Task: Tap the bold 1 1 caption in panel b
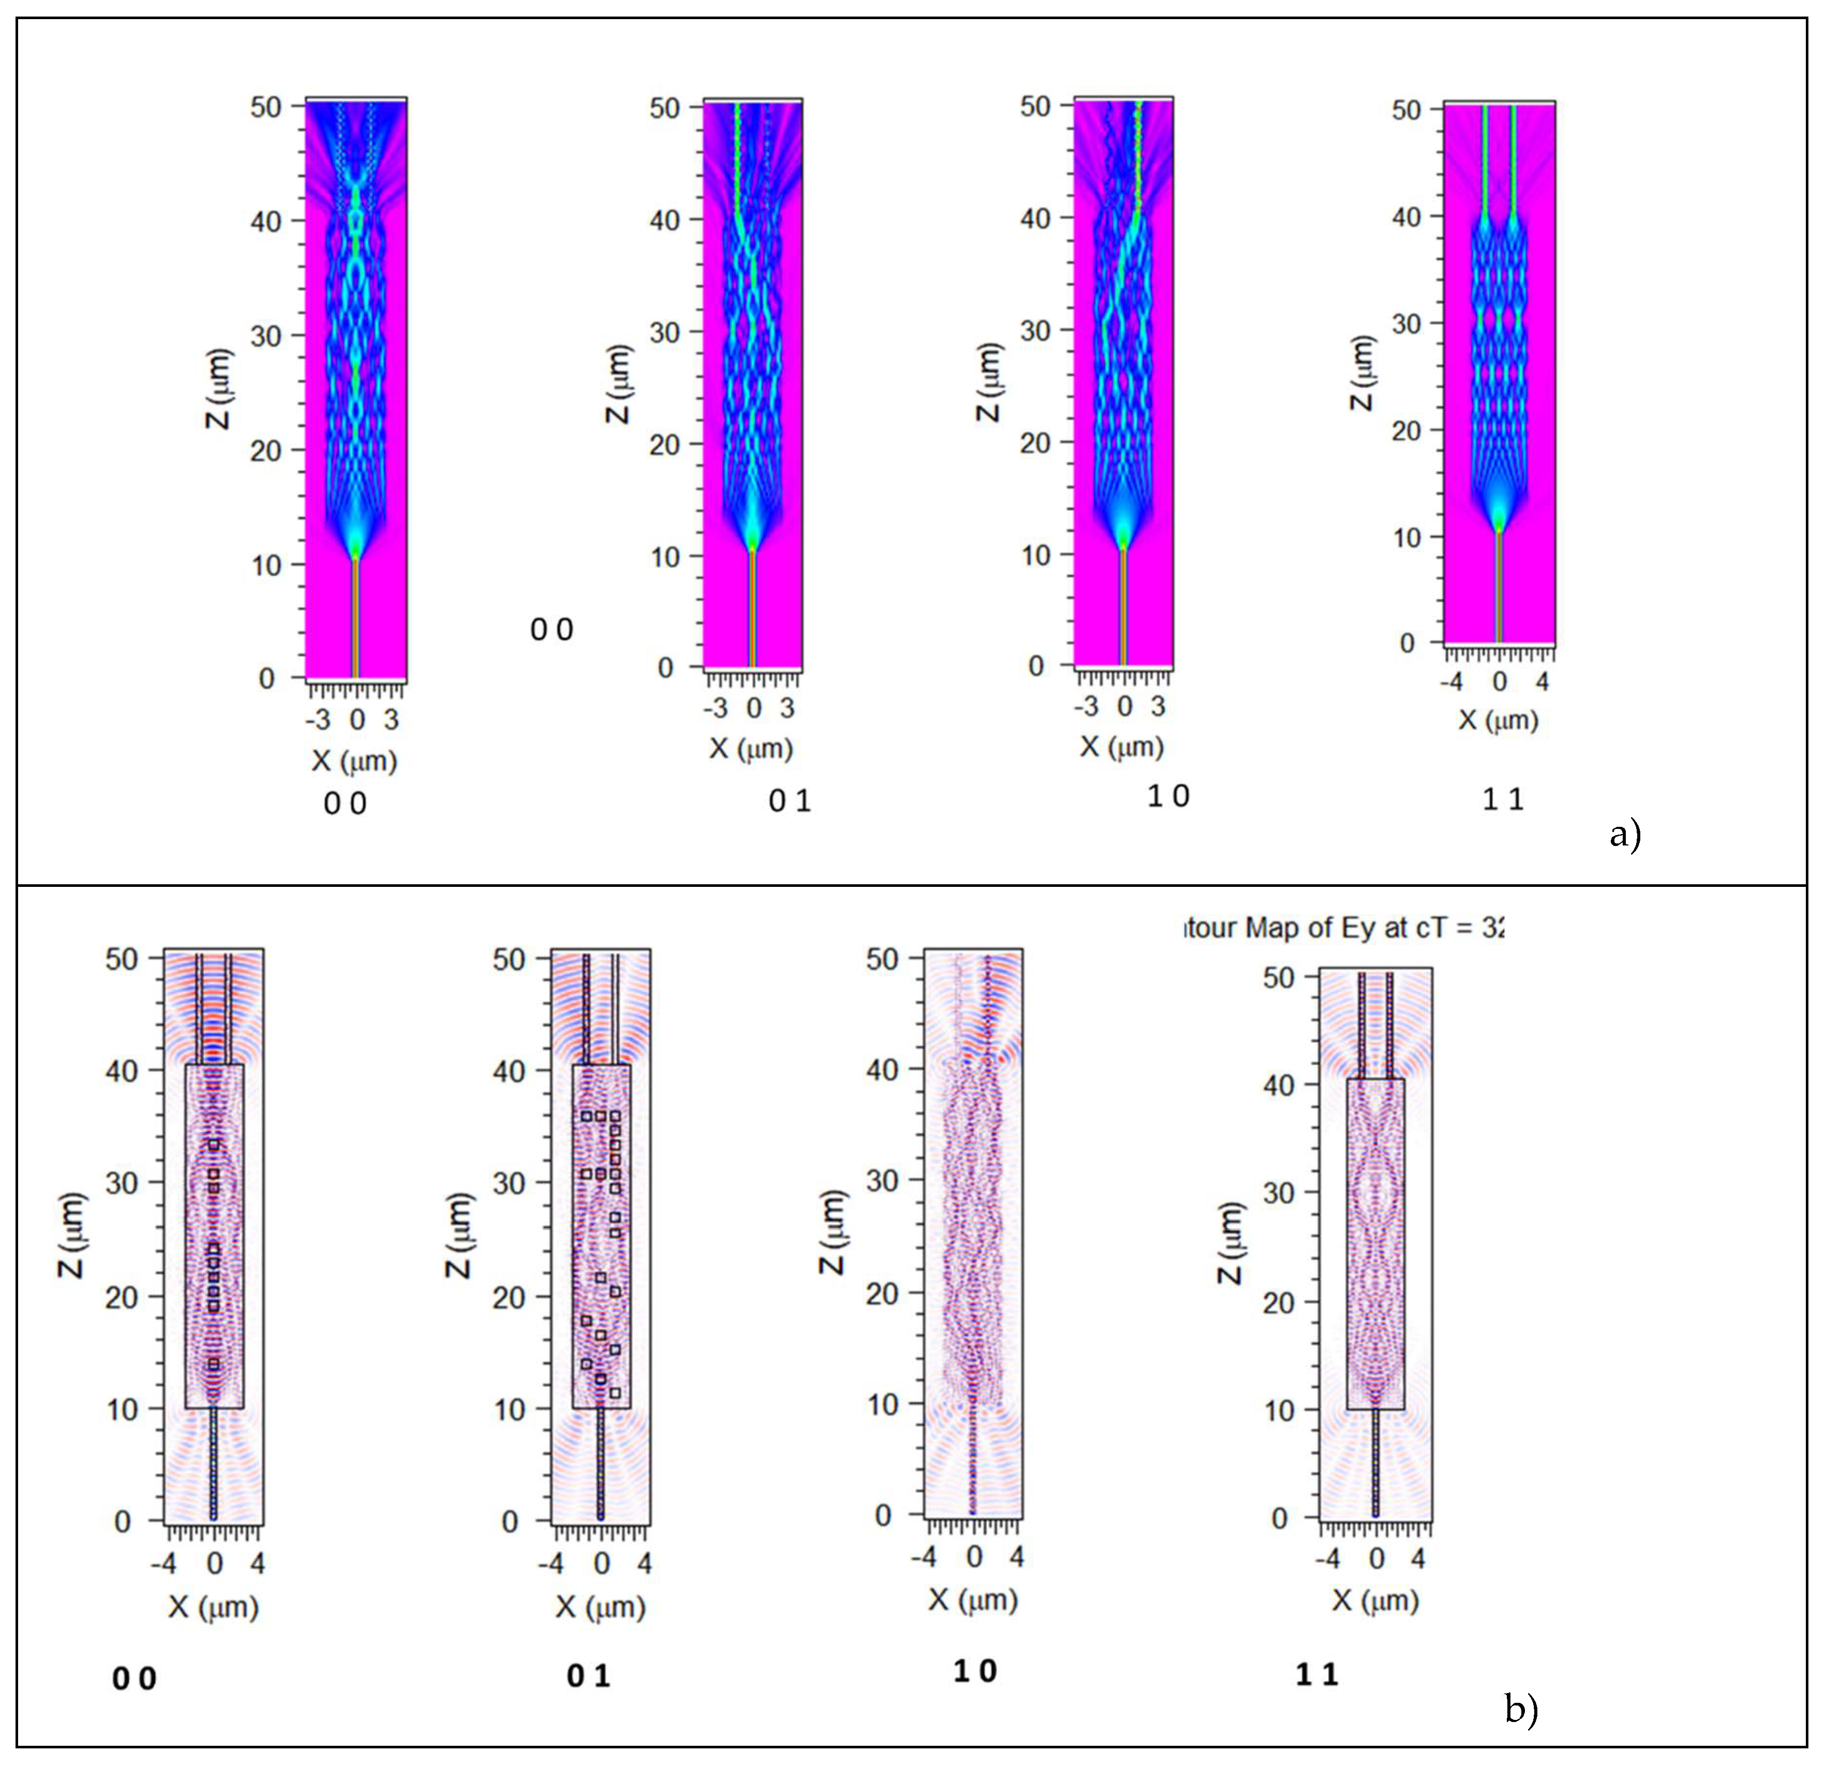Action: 1316,1675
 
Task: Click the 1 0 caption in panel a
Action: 1168,796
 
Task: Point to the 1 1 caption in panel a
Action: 1503,799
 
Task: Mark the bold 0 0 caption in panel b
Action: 134,1680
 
